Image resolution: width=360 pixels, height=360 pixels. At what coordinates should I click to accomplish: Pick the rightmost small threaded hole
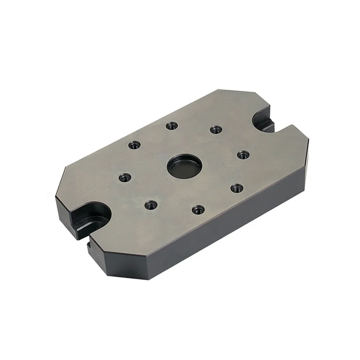(243, 155)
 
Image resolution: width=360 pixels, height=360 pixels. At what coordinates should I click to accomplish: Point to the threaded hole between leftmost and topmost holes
(134, 145)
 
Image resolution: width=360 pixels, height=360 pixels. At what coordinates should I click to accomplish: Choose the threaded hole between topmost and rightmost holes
(216, 130)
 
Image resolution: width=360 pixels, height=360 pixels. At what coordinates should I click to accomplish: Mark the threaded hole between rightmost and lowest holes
(237, 188)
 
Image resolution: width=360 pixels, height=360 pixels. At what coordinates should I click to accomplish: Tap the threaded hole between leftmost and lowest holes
(150, 205)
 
